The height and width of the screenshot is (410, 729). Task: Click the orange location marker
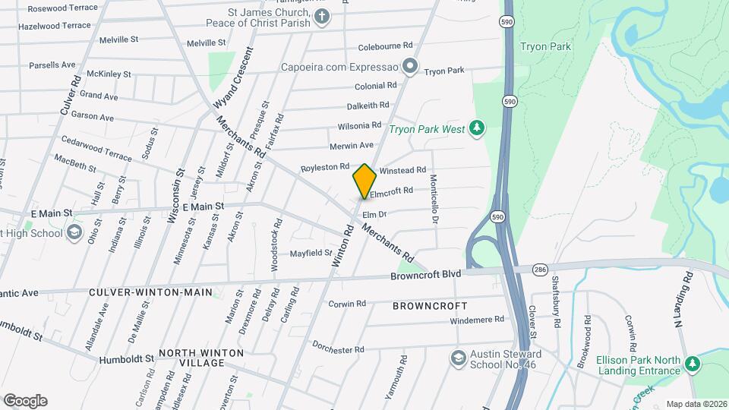pyautogui.click(x=364, y=181)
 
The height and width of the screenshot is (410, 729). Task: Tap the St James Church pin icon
pyautogui.click(x=323, y=17)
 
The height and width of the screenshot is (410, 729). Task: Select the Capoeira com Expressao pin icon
pyautogui.click(x=410, y=66)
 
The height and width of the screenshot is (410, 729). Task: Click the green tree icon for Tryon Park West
pyautogui.click(x=477, y=128)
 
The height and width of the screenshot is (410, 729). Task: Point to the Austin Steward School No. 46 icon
pyautogui.click(x=458, y=358)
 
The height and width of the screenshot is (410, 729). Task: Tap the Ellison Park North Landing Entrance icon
pyautogui.click(x=692, y=365)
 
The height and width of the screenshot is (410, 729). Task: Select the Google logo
pyautogui.click(x=25, y=401)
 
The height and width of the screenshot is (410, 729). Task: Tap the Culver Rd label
pyautogui.click(x=70, y=95)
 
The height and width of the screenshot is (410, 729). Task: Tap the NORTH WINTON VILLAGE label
pyautogui.click(x=201, y=358)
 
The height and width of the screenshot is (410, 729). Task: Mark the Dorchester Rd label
pyautogui.click(x=338, y=349)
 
